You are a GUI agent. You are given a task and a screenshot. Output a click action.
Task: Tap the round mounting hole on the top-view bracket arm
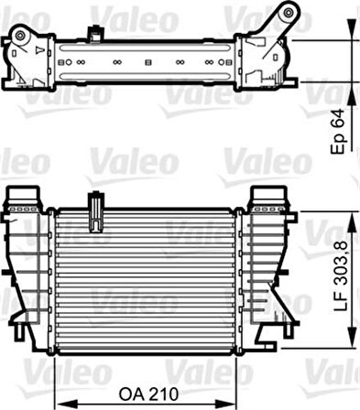click(289, 13)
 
